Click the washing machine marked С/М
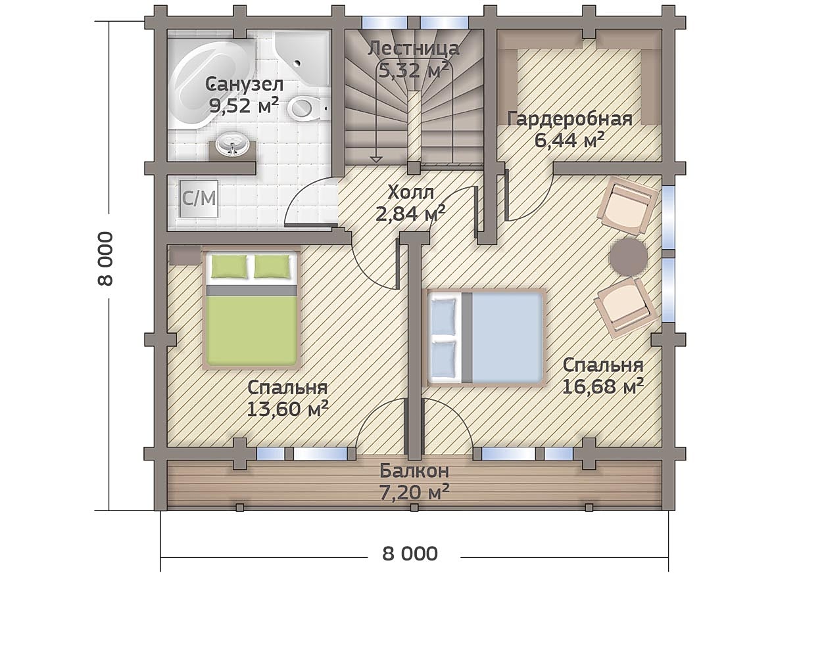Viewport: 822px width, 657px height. point(199,199)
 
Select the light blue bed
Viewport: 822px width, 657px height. point(486,338)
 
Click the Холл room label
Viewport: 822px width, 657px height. point(410,193)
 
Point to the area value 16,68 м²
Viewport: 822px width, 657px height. point(603,386)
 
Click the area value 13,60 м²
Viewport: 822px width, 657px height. point(287,409)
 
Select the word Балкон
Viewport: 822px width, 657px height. point(414,471)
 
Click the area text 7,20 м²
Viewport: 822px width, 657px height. point(414,492)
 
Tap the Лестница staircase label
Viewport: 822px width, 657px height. point(414,49)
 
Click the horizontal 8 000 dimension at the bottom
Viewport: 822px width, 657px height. point(410,554)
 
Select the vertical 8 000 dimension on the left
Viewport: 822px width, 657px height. point(105,258)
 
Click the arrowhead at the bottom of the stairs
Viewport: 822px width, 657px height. point(377,160)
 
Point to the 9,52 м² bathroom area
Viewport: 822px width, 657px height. point(243,106)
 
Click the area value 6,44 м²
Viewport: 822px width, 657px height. point(569,140)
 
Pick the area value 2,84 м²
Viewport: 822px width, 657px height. point(410,213)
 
